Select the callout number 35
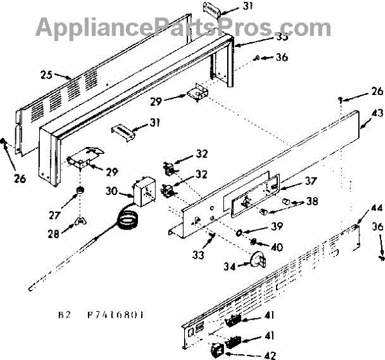(x=247, y=37)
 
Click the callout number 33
(x=200, y=255)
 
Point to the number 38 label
(x=311, y=201)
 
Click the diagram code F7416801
(x=116, y=314)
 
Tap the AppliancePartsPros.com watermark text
(x=183, y=27)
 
